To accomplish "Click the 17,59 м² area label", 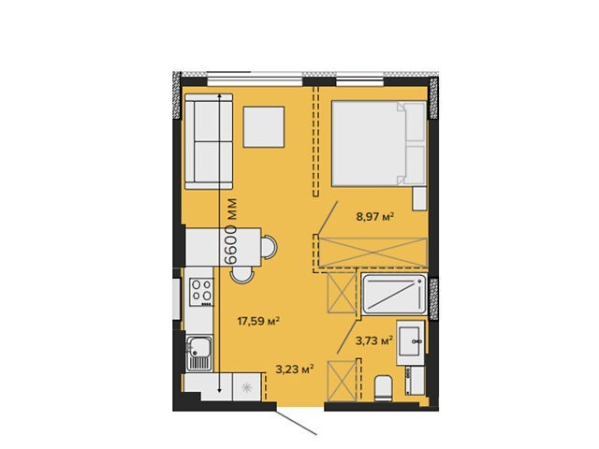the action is (x=258, y=321).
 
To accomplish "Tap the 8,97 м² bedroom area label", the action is (x=374, y=217).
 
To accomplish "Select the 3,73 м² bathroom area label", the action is (x=374, y=340).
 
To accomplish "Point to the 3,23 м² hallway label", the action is (x=295, y=369).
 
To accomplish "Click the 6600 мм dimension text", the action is (x=231, y=231).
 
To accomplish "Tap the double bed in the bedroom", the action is (x=378, y=143).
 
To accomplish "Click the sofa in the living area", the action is (x=209, y=141).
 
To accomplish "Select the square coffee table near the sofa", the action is (x=264, y=127).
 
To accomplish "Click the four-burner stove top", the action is (x=202, y=292).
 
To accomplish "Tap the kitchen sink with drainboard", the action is (x=198, y=354).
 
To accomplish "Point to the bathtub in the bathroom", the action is (x=394, y=295).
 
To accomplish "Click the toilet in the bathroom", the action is (x=383, y=389).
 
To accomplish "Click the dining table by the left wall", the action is (x=223, y=247).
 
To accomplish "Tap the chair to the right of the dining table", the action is (x=270, y=247).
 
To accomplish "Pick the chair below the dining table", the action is (x=242, y=275).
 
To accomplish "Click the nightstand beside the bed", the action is (x=419, y=198).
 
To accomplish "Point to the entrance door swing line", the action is (x=297, y=423).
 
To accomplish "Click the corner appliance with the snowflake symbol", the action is (x=247, y=387).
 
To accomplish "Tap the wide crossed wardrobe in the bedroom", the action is (x=373, y=252).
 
